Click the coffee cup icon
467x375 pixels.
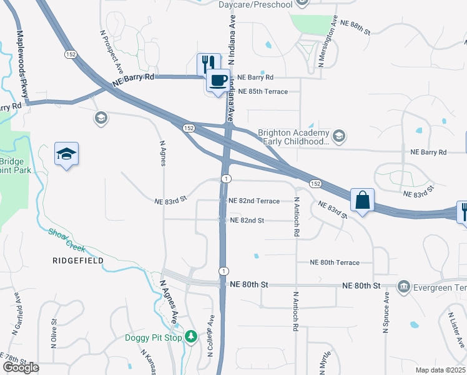(x=218, y=81)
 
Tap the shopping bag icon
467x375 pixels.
(x=362, y=201)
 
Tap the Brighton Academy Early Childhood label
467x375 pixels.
(x=293, y=137)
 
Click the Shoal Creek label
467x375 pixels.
(x=67, y=240)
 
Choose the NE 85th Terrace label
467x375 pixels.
(x=262, y=92)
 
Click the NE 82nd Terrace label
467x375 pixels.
(x=254, y=201)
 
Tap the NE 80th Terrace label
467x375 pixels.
(x=335, y=263)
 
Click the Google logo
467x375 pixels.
(x=21, y=367)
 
